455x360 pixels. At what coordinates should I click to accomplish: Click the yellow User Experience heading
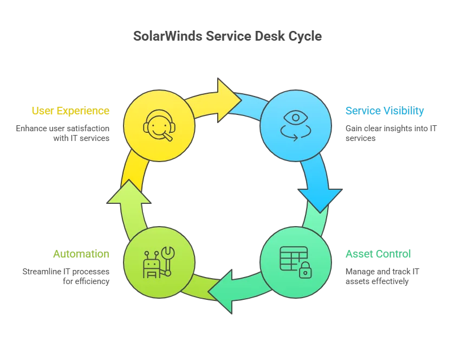point(71,112)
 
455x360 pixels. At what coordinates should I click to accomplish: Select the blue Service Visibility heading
point(385,112)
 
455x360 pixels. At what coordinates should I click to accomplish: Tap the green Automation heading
point(82,254)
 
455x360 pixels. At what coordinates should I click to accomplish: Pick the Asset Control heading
point(378,254)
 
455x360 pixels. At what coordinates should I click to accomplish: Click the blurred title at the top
point(227,37)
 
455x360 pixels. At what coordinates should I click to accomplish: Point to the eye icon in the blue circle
point(296,117)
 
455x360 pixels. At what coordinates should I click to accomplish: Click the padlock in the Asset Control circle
point(305,270)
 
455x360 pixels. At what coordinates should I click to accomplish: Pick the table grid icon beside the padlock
point(292,258)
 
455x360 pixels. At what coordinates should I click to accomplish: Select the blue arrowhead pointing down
point(320,198)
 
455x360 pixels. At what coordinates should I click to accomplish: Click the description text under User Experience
point(63,133)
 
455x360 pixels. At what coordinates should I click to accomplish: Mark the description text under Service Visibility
point(390,133)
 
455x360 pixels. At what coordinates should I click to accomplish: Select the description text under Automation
point(67,275)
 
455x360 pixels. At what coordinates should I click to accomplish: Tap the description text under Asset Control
point(382,275)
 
